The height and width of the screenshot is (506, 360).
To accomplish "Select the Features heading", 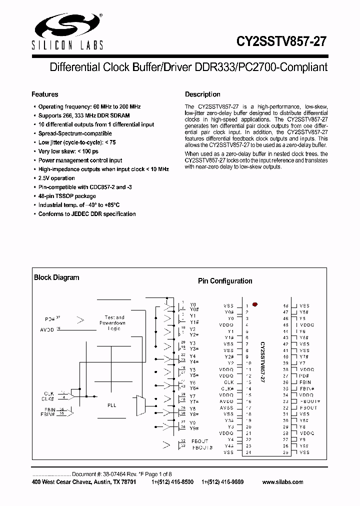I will [x=45, y=94].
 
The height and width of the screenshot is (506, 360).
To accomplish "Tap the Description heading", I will [x=202, y=94].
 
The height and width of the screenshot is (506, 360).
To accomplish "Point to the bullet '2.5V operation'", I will [x=56, y=178].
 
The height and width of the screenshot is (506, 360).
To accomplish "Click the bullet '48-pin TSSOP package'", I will [x=67, y=196].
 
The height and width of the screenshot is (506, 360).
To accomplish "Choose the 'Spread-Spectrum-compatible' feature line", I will [x=75, y=133].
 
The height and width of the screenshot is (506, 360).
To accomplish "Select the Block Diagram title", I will [x=56, y=277].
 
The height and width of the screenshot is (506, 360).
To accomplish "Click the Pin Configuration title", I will [x=225, y=281].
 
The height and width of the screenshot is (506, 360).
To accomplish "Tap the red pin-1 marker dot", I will [x=255, y=304].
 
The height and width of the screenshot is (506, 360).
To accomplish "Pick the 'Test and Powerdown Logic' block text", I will [x=114, y=323].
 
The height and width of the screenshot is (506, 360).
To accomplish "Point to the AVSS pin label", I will [x=227, y=408].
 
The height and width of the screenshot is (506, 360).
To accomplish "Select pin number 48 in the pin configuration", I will [x=286, y=305].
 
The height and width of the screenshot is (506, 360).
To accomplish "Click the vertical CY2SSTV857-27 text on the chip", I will [x=262, y=362].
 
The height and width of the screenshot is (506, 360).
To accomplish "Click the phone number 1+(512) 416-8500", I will [x=172, y=482].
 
